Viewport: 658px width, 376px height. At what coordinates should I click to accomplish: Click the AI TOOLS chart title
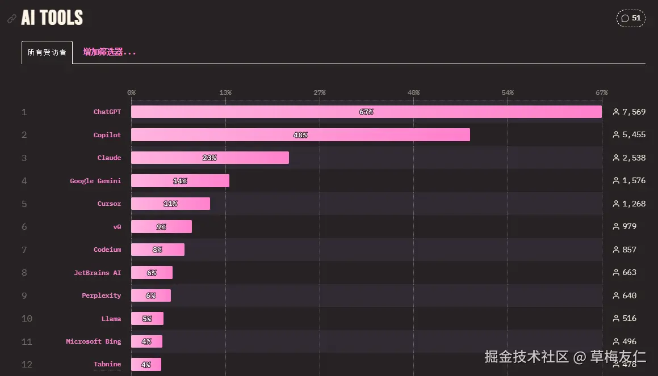click(52, 18)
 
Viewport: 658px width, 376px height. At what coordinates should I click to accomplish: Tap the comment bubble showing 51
click(631, 18)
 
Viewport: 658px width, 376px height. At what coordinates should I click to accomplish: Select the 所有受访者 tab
click(47, 52)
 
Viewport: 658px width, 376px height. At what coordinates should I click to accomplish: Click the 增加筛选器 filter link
click(110, 52)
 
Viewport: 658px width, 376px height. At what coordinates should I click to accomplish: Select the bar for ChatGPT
click(366, 112)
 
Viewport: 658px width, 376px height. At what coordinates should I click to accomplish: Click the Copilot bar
click(300, 135)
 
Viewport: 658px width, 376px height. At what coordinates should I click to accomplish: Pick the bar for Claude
click(210, 158)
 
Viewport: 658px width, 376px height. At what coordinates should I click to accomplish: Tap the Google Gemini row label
click(95, 181)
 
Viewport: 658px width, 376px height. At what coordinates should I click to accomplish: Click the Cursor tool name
click(109, 204)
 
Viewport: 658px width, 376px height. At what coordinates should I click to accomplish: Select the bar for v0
click(161, 227)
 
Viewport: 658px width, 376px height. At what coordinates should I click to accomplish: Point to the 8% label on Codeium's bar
click(157, 250)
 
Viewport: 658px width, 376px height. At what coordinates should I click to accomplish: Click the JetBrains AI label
click(97, 273)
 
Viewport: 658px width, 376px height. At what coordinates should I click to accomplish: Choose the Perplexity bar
click(151, 295)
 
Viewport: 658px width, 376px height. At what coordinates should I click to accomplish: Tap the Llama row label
click(111, 319)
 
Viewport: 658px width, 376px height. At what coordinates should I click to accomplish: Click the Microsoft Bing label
click(93, 341)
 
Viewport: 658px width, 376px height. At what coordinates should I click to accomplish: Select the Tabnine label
click(107, 364)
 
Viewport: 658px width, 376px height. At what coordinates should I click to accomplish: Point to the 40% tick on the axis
click(413, 92)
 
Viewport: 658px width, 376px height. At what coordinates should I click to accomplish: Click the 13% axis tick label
click(225, 92)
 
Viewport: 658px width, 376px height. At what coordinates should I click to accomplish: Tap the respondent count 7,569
click(634, 112)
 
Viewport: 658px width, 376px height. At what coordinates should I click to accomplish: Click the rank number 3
click(24, 158)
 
